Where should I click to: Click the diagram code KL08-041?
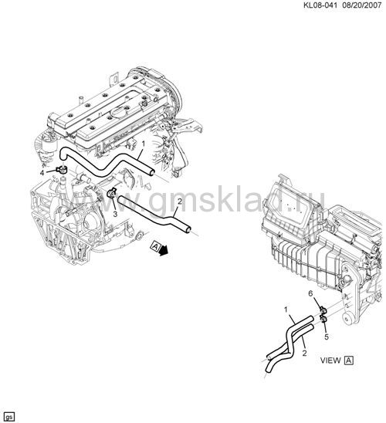pos(320,5)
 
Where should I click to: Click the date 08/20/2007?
pos(362,5)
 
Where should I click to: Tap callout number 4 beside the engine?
pos(42,173)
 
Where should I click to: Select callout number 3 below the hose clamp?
pos(115,214)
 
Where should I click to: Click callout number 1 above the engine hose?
pos(144,144)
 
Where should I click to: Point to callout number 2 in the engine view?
pos(180,201)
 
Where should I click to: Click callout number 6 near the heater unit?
pos(310,293)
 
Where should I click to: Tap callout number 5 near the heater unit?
pos(327,337)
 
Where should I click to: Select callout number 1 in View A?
pos(286,310)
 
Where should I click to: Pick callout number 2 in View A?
pos(304,353)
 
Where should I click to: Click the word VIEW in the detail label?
pos(330,360)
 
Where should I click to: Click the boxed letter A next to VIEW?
pos(349,360)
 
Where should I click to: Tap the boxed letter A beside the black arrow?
pos(155,246)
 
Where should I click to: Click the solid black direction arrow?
pos(164,251)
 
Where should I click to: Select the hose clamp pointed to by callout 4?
pos(62,170)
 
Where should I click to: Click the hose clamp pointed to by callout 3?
pos(111,193)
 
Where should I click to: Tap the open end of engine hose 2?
pos(188,229)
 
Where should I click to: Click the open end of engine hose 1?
pos(152,172)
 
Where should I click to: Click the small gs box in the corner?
pos(9,417)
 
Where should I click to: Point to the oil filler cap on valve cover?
pos(120,110)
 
